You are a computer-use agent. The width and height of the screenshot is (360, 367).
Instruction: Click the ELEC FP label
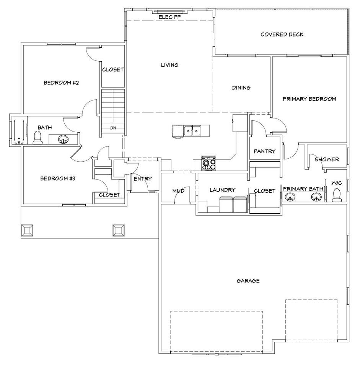click(x=169, y=17)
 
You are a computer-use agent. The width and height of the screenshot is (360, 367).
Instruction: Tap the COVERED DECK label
click(x=282, y=34)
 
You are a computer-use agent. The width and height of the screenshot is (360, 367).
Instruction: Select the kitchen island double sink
click(x=192, y=130)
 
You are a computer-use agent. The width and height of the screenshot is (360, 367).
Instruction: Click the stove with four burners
click(x=209, y=163)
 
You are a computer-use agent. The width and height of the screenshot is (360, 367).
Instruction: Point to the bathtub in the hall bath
click(x=18, y=132)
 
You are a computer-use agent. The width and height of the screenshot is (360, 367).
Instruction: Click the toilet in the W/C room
click(x=336, y=195)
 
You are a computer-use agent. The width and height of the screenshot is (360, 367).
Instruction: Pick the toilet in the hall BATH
click(x=37, y=138)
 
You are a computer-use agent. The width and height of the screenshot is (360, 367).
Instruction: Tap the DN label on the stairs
click(x=113, y=128)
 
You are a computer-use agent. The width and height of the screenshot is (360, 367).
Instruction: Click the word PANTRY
click(x=264, y=151)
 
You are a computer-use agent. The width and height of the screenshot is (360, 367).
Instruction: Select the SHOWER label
click(x=327, y=159)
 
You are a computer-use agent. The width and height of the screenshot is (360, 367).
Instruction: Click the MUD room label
click(x=179, y=191)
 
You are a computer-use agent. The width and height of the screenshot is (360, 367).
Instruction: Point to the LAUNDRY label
click(x=223, y=190)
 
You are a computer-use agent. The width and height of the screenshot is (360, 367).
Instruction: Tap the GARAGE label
click(x=248, y=281)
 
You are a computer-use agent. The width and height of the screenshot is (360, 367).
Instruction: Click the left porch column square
click(x=27, y=231)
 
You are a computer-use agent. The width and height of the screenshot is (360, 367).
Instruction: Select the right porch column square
click(x=119, y=231)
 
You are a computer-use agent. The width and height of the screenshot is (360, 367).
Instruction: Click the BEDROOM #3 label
click(x=58, y=179)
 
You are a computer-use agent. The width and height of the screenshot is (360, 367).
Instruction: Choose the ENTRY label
click(x=143, y=179)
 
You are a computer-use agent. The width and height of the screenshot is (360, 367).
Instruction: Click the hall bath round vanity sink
click(x=63, y=139)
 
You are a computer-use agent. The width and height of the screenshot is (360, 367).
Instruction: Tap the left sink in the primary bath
click(x=290, y=197)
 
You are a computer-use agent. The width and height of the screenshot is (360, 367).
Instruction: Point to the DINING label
click(x=241, y=88)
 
